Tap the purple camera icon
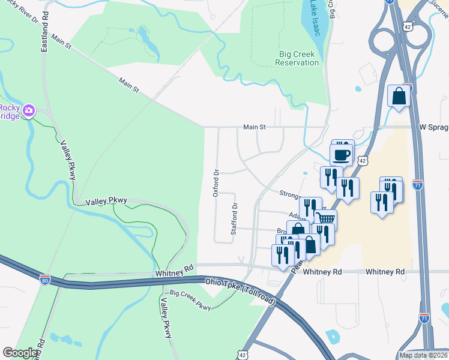click(28, 110)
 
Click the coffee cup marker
click(342, 155)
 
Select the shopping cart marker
click(325, 220)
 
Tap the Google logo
click(20, 353)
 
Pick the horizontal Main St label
click(254, 127)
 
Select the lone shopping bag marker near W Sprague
click(399, 95)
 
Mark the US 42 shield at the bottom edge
click(242, 355)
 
